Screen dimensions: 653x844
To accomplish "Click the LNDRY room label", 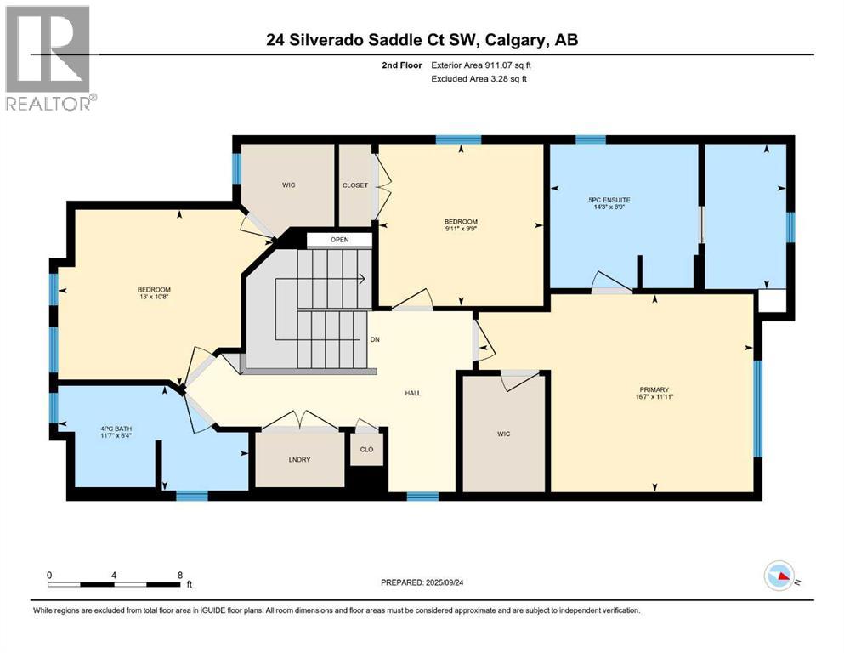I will pyautogui.click(x=300, y=459).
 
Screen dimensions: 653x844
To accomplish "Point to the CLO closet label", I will pyautogui.click(x=366, y=449).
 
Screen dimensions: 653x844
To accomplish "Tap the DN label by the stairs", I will pyautogui.click(x=375, y=339).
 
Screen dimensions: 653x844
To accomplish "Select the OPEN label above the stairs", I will pyautogui.click(x=339, y=240).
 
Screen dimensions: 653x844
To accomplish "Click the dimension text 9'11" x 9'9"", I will pyautogui.click(x=461, y=229).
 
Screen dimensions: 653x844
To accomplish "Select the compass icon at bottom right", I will pyautogui.click(x=780, y=576).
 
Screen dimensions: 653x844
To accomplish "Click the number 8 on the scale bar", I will pyautogui.click(x=179, y=575).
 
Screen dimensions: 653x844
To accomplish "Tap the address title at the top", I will pyautogui.click(x=422, y=40).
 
